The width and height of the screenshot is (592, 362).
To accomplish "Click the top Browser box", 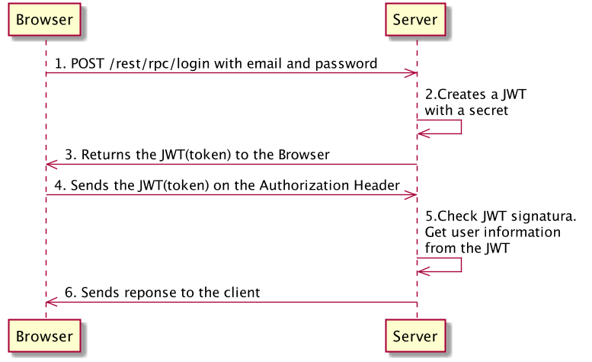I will (x=44, y=21).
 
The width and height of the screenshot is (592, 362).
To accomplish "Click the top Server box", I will (x=415, y=21).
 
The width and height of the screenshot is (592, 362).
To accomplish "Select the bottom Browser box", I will (x=44, y=336).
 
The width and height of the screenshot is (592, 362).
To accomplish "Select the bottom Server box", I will (x=415, y=336).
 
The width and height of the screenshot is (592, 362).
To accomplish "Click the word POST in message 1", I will (x=88, y=64).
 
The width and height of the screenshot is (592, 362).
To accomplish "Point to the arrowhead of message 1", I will (x=411, y=73).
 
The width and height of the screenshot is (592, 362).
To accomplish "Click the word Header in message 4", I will (x=376, y=185).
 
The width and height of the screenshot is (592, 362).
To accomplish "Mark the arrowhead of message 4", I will (x=411, y=195).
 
